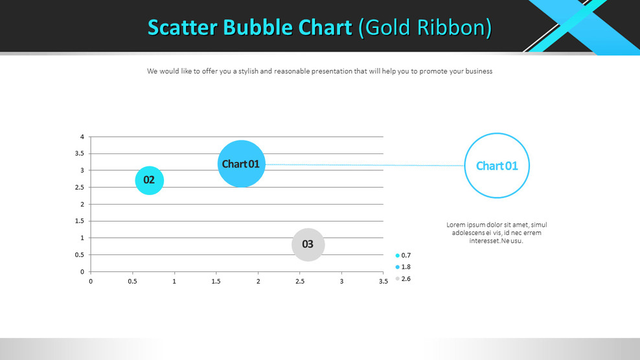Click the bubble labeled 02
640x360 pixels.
pos(149,180)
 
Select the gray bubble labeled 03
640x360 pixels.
pos(308,244)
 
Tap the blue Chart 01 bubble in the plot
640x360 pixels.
pos(241,164)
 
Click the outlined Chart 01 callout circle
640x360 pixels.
pos(497,165)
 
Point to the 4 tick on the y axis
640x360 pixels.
pos(82,137)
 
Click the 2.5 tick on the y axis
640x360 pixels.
pos(78,187)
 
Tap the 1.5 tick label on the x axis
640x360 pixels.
pos(216,282)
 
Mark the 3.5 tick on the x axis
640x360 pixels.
pos(383,282)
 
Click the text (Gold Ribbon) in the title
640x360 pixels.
pos(426,28)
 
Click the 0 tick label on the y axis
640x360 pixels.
pos(82,271)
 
